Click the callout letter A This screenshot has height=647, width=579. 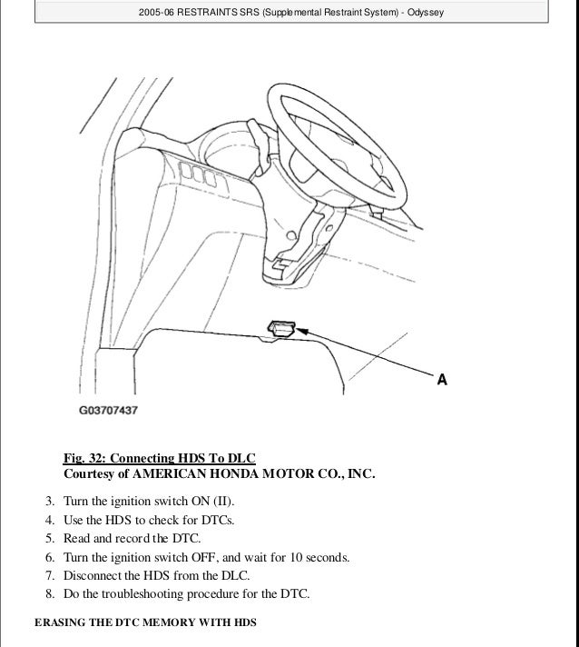click(442, 380)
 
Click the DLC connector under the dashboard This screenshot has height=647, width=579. click(280, 328)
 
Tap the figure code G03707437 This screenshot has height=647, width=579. click(107, 410)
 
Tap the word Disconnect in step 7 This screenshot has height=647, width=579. click(94, 575)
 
